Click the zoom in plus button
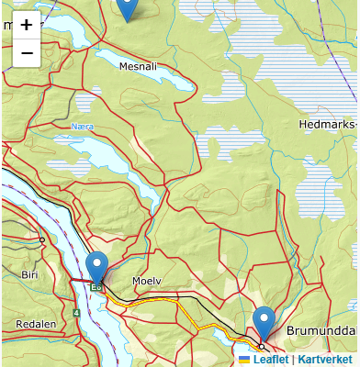[x=26, y=25]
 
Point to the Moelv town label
[x=146, y=280]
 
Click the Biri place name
[x=29, y=274]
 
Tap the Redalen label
[x=36, y=324]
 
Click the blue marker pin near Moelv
[x=96, y=268]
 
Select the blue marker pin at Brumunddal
[x=264, y=324]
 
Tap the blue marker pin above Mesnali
[x=129, y=7]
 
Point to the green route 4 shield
[x=77, y=313]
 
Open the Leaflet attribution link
[x=271, y=360]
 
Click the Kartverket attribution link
[x=325, y=360]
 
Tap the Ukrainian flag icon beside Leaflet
[x=244, y=360]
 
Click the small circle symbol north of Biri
[x=41, y=239]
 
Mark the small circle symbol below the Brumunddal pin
[x=261, y=346]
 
